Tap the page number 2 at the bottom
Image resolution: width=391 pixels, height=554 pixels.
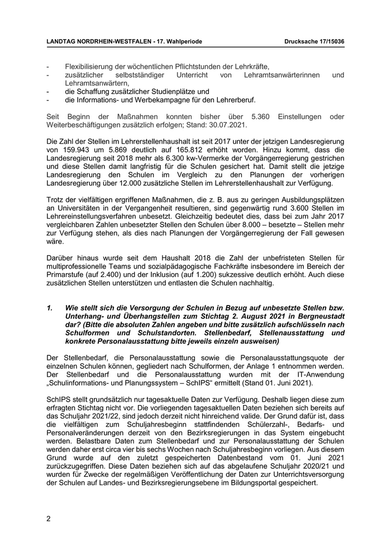49,518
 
